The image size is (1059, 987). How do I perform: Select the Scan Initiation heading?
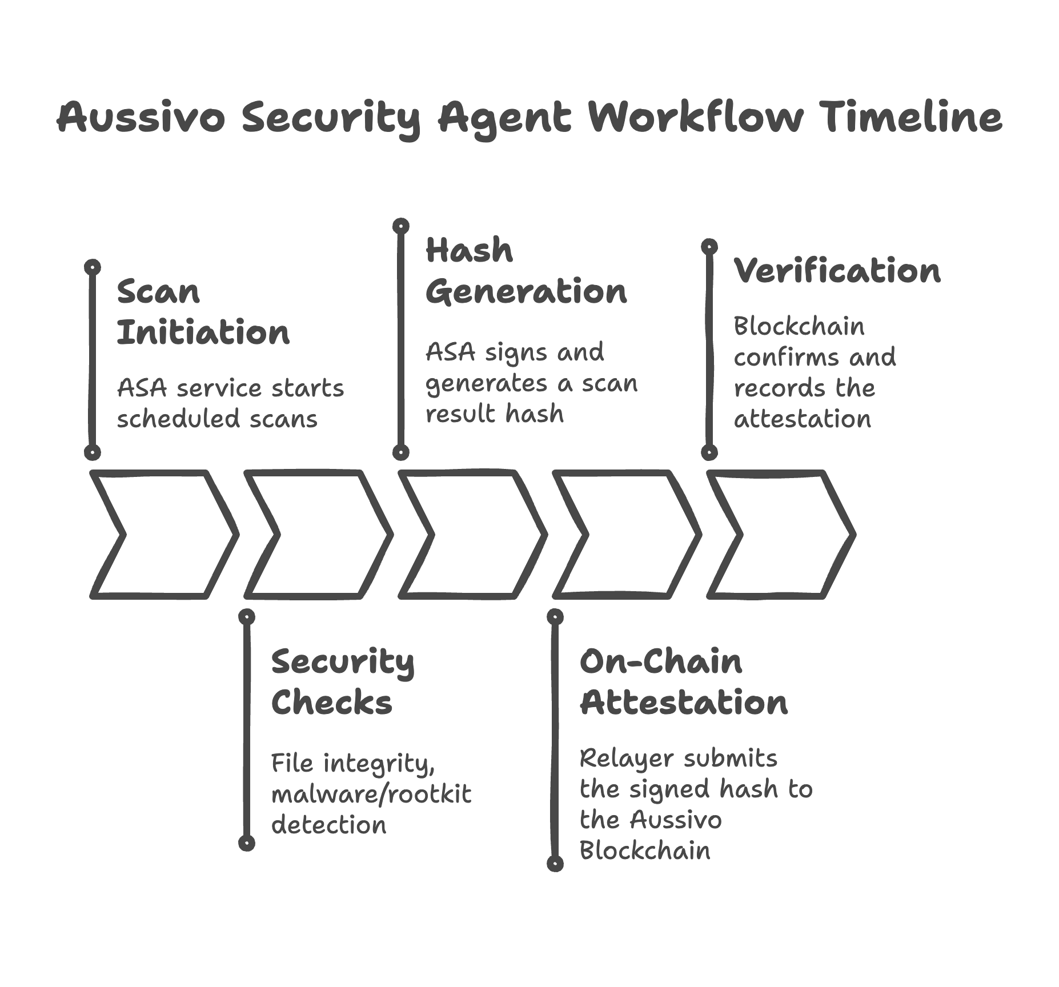pyautogui.click(x=203, y=312)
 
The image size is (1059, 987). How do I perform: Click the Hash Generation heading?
pyautogui.click(x=526, y=271)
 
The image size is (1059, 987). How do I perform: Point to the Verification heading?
pyautogui.click(x=836, y=271)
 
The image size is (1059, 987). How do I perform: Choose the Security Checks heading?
pyautogui.click(x=342, y=682)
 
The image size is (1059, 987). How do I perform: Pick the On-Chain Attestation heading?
pyautogui.click(x=683, y=682)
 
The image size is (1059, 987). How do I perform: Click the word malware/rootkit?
pyautogui.click(x=371, y=794)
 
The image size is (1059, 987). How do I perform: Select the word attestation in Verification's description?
pyautogui.click(x=802, y=419)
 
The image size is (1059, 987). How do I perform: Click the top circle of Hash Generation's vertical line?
pyautogui.click(x=401, y=226)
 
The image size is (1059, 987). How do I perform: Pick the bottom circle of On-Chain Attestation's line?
pyautogui.click(x=555, y=864)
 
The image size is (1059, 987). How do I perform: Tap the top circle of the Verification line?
pyautogui.click(x=709, y=247)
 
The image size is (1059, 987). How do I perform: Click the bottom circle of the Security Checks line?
pyautogui.click(x=247, y=843)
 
